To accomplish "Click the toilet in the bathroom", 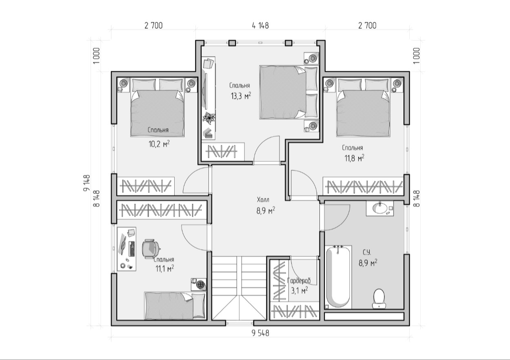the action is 379,298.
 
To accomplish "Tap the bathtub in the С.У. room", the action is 338,277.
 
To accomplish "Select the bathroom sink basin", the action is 379,208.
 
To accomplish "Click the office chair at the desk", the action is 151,249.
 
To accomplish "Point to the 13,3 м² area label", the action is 241,96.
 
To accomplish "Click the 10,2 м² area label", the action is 159,144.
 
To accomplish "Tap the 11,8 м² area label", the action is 354,158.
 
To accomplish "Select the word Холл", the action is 263,200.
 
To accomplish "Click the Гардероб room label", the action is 299,281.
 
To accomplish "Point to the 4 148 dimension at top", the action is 260,26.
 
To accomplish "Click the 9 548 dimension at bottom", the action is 260,333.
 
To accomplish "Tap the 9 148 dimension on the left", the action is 87,183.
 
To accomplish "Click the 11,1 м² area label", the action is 165,269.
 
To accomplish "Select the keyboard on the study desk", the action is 132,249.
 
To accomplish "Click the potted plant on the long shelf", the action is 208,118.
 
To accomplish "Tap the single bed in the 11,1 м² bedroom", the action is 175,306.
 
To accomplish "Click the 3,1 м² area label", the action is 299,291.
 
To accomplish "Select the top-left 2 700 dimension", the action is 153,26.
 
